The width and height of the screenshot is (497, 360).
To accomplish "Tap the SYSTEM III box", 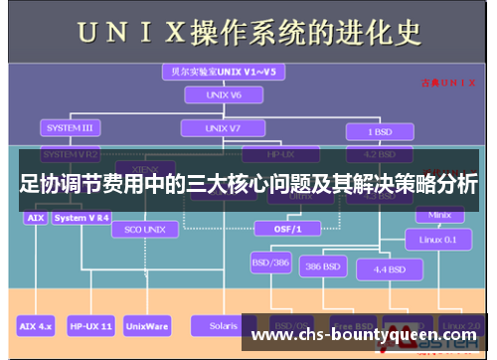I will [70, 128].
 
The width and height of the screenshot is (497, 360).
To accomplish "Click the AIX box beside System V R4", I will [35, 216].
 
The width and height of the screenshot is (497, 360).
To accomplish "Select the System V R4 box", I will [83, 216].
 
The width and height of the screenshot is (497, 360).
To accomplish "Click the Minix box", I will [439, 215].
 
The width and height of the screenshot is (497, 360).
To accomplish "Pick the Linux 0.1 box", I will [437, 240].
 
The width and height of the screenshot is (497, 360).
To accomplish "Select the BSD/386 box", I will [269, 265].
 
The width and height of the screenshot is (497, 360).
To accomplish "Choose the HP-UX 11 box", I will [91, 325].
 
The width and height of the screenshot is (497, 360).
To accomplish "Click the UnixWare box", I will [147, 325].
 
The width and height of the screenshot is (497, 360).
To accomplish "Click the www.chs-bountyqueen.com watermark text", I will [366, 335].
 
